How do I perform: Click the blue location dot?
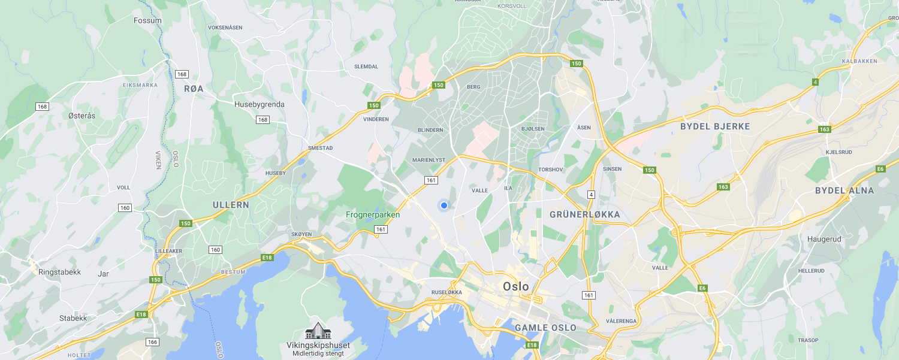click(x=444, y=205)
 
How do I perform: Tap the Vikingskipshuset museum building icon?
click(x=318, y=331)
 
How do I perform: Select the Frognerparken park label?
click(x=372, y=214)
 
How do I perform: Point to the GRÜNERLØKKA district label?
click(x=584, y=214)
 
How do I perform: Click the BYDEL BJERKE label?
click(x=715, y=126)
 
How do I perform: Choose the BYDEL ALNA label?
click(x=844, y=190)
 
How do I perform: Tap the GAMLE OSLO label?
click(x=545, y=328)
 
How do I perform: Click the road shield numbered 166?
click(x=152, y=342)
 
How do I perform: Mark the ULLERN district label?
click(x=231, y=205)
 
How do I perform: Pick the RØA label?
click(x=194, y=89)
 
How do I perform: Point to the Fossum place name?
click(x=147, y=20)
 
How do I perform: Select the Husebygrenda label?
click(x=259, y=104)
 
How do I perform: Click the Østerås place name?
click(x=82, y=116)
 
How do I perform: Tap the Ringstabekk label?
click(x=59, y=272)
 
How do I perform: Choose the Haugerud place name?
click(x=824, y=239)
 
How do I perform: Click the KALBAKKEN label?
click(x=859, y=61)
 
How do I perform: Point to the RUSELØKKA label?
click(x=447, y=292)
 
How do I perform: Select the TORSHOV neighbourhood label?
click(x=551, y=170)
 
